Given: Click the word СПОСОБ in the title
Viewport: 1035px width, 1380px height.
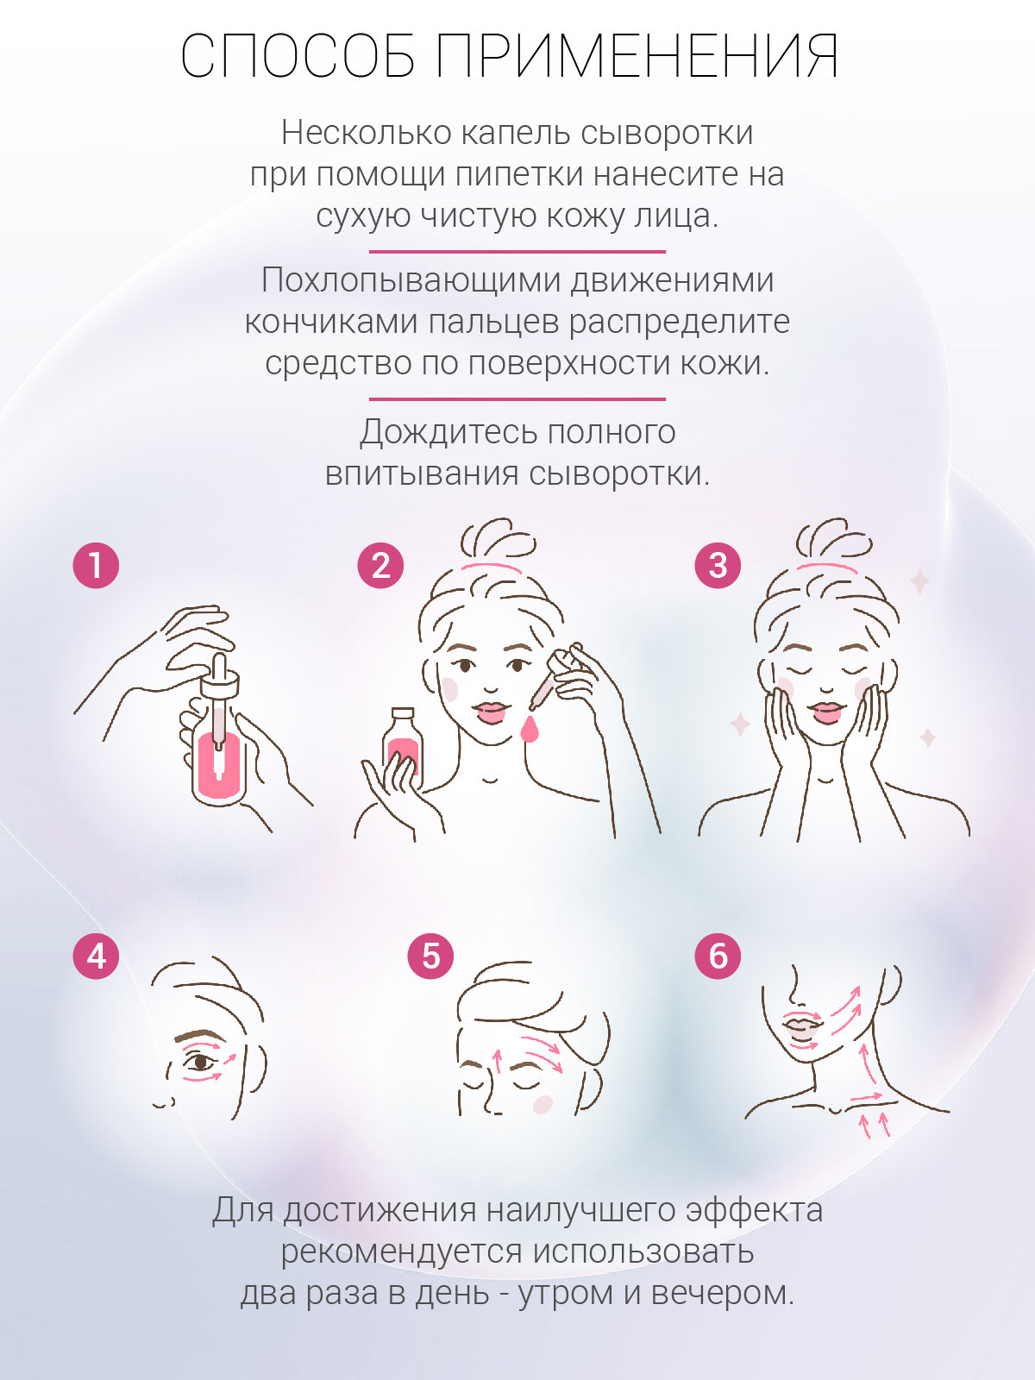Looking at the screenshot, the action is (x=298, y=56).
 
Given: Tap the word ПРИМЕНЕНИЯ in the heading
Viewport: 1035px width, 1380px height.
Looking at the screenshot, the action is (x=637, y=56).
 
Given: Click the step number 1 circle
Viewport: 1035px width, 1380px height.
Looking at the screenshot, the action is (x=96, y=565).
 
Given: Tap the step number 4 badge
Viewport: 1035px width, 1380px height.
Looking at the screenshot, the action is (x=96, y=957).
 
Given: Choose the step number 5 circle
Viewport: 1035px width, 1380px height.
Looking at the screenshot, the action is (x=430, y=957).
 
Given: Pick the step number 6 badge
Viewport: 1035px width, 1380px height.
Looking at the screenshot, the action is (x=718, y=957).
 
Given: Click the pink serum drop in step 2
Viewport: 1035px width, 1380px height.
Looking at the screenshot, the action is (x=530, y=729).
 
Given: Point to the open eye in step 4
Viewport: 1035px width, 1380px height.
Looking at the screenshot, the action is (x=200, y=1063).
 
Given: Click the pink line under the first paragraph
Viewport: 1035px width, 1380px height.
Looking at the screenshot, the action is (x=517, y=252).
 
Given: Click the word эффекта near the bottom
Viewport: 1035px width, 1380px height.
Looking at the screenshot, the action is (x=754, y=1209).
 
